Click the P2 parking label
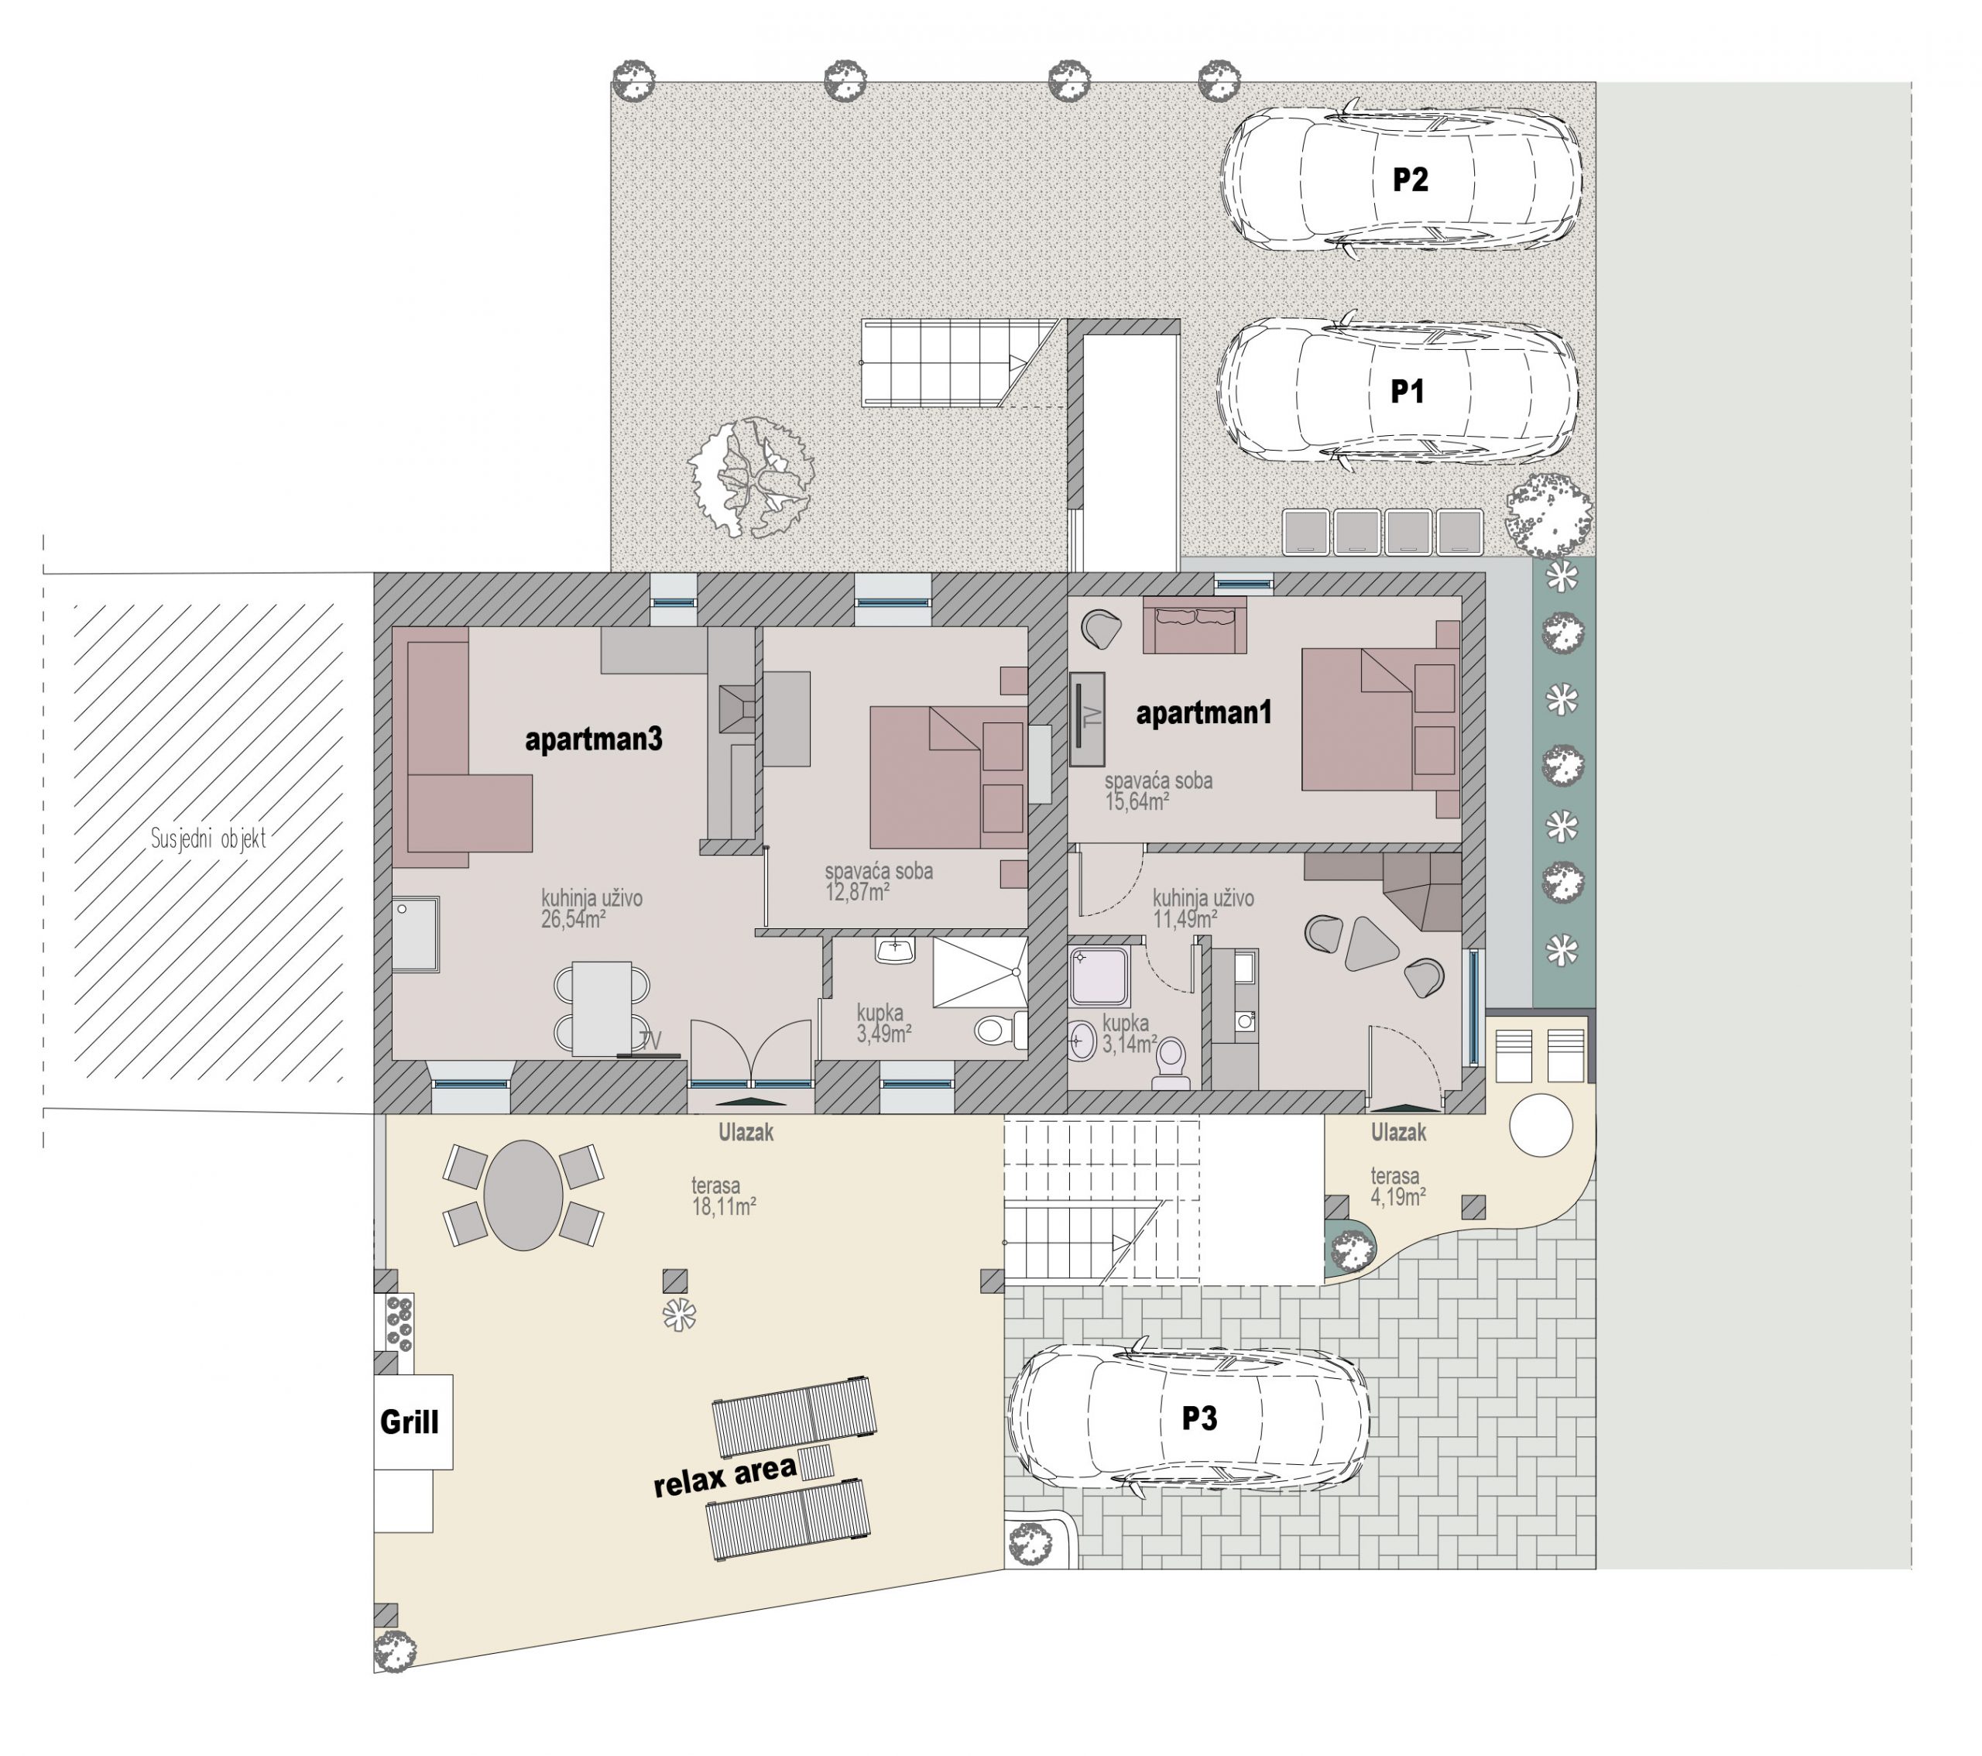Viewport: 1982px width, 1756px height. point(1410,180)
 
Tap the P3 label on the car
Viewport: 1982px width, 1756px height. point(1198,1418)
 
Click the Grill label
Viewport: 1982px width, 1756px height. point(410,1422)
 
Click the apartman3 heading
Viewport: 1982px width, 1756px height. point(593,739)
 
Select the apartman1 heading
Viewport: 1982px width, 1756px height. point(1203,712)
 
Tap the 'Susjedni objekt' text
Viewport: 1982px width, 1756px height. point(207,839)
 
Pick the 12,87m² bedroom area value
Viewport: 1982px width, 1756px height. point(858,892)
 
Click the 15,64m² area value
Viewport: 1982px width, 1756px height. point(1137,801)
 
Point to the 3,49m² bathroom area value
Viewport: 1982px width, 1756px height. point(883,1034)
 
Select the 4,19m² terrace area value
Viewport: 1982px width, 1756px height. point(1398,1196)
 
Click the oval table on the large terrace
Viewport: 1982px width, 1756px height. point(523,1195)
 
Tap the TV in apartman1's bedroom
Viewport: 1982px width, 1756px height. point(1088,719)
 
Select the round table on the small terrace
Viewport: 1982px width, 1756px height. point(1541,1125)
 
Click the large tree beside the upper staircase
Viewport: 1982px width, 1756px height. point(750,476)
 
